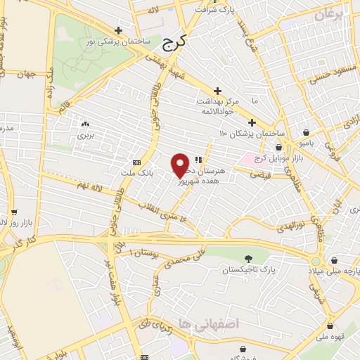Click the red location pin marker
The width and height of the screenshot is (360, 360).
[180, 165]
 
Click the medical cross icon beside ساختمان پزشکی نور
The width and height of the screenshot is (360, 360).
[118, 31]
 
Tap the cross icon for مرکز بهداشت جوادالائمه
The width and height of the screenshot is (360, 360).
[218, 91]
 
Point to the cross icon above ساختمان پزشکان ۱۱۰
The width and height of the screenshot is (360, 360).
[252, 122]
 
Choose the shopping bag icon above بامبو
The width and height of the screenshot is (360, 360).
[307, 132]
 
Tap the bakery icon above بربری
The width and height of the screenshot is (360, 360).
[85, 123]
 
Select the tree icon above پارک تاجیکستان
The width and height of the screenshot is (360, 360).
[247, 259]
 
